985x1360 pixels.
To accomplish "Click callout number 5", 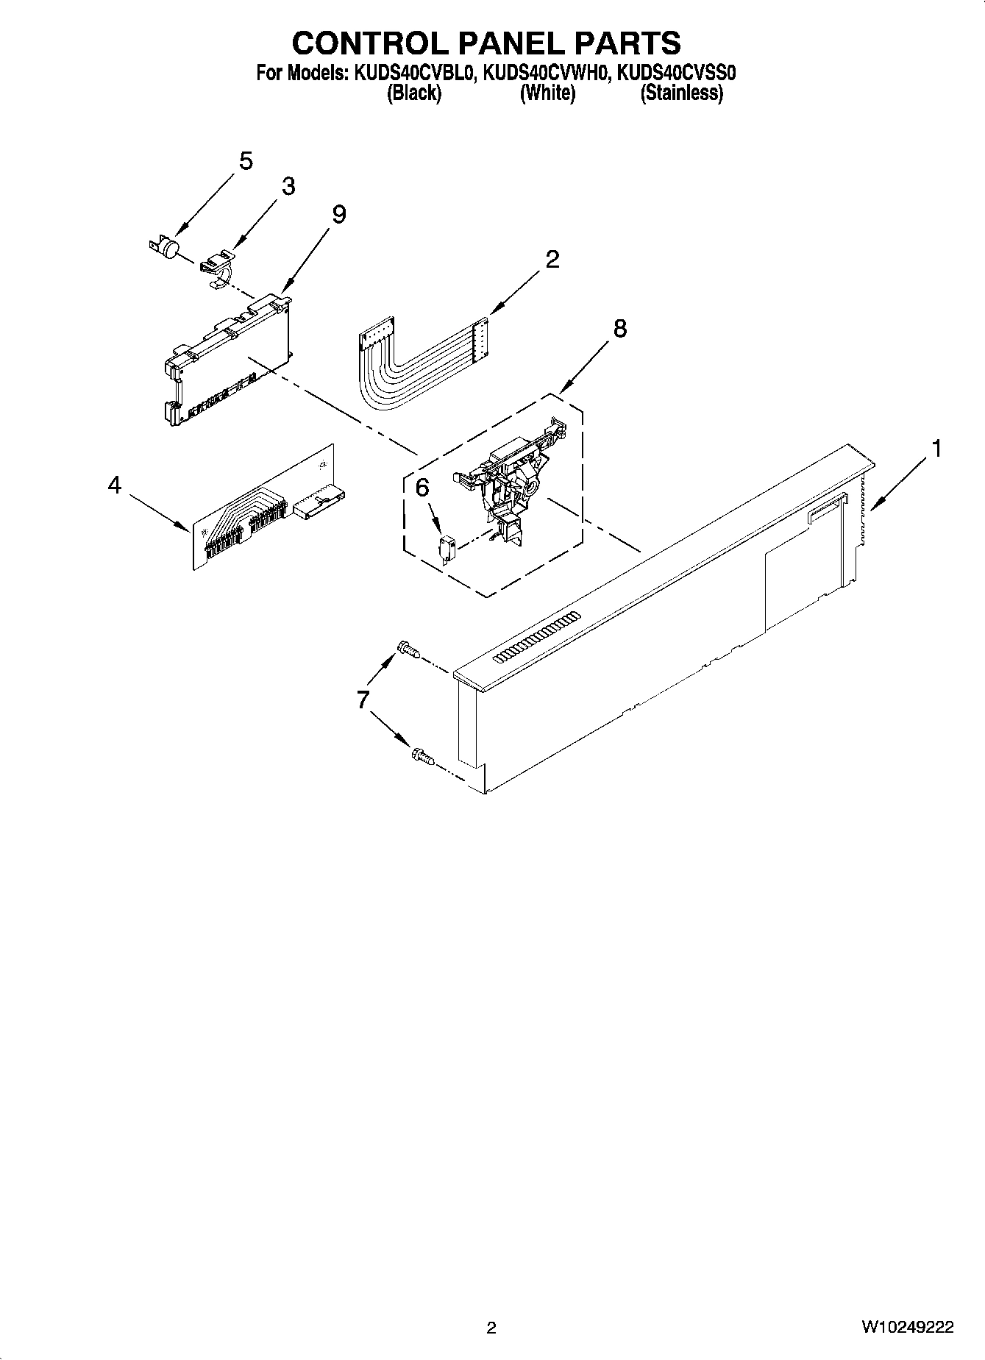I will (246, 161).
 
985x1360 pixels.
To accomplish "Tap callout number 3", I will (288, 187).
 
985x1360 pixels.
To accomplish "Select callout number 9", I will (338, 214).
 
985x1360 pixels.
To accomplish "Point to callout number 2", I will (552, 259).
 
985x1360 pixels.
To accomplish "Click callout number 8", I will (620, 329).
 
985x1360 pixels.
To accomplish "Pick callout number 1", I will (936, 449).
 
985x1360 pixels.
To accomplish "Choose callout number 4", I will (114, 485).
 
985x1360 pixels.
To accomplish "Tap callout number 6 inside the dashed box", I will (422, 488).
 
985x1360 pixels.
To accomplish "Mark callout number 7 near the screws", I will (363, 699).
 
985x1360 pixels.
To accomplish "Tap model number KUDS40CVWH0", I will (546, 74).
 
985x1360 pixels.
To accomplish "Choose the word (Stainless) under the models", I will (681, 93).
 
